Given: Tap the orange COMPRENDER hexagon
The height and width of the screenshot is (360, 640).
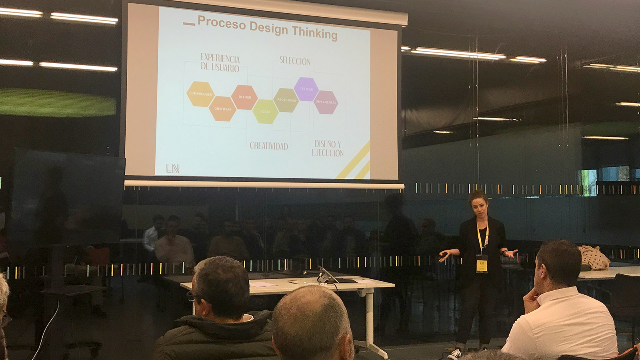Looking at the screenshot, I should point(200,94).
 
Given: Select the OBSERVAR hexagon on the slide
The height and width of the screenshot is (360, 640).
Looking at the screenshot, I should point(222,109).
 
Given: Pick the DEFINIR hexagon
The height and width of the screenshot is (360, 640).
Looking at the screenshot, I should point(244,97).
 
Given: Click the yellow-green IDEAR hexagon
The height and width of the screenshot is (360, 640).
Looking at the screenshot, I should point(265,111).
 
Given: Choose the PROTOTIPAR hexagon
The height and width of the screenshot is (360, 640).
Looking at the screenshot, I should point(286,100).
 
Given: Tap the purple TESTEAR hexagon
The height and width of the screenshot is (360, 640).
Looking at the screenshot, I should point(306,89).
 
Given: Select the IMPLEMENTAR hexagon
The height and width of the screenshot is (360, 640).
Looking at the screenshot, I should point(326,102).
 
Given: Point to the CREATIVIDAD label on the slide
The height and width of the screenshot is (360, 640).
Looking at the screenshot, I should point(269,146).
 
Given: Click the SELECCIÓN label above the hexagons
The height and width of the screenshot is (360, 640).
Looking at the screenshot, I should point(295,61).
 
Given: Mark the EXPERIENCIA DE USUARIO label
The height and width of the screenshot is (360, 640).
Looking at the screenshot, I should point(220,63).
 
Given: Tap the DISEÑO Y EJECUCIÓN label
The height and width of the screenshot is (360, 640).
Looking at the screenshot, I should point(328,148).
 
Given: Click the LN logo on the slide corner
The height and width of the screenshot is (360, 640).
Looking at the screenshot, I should point(172,169).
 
